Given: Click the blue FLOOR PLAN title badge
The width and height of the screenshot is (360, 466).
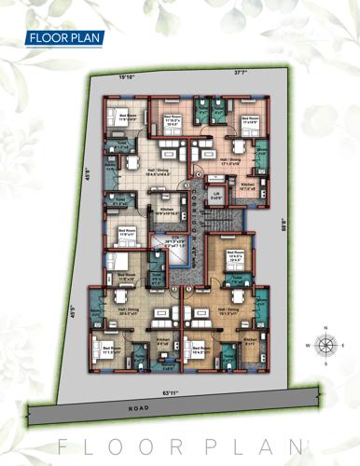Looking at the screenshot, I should [63, 38].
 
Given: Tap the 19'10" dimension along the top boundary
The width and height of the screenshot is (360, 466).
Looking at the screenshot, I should [128, 77].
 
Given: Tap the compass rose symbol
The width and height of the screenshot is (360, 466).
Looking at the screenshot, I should [326, 345].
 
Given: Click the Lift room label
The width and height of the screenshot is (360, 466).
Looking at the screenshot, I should [215, 196].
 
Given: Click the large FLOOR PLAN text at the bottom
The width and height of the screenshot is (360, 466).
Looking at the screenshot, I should [180, 445].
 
